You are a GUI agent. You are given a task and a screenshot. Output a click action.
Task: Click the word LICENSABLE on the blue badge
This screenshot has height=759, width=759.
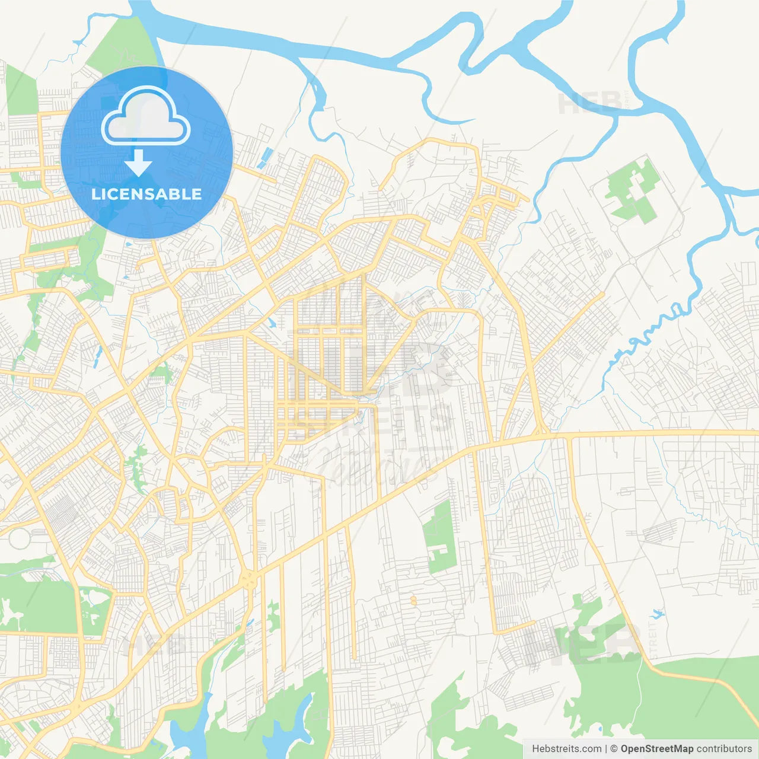pyautogui.click(x=146, y=194)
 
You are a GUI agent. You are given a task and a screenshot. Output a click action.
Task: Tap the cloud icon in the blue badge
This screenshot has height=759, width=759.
pyautogui.click(x=146, y=117)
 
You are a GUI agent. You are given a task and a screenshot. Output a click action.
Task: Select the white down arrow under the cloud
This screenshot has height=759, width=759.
pyautogui.click(x=138, y=163)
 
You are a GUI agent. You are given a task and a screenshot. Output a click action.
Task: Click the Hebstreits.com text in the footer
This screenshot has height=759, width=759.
pyautogui.click(x=566, y=749)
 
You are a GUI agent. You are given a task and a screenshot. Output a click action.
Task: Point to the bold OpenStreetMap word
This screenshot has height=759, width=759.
pyautogui.click(x=657, y=749)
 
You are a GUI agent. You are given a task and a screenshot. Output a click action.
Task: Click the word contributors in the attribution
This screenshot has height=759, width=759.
pyautogui.click(x=723, y=749)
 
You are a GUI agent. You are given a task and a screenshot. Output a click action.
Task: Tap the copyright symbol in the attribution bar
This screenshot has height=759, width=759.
pyautogui.click(x=614, y=749)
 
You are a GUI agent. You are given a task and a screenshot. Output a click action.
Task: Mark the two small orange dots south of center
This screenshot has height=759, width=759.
pyautogui.click(x=413, y=601)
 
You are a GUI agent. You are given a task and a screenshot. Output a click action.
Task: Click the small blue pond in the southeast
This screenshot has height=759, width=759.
pyautogui.click(x=656, y=613)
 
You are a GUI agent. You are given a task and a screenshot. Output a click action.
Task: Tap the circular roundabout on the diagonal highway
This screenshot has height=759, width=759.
pyautogui.click(x=248, y=579)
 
